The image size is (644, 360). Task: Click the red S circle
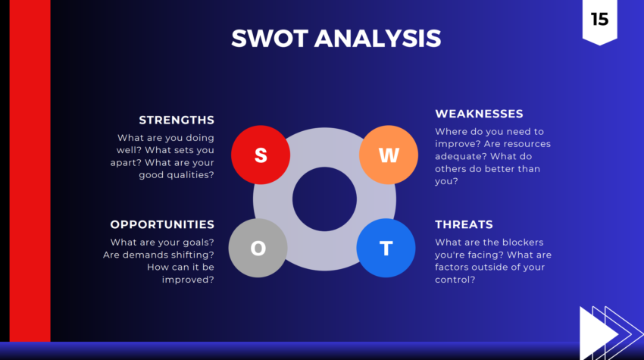(261, 155)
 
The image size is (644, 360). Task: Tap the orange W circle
(388, 155)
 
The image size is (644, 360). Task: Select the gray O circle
(258, 248)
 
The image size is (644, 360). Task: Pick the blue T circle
(386, 248)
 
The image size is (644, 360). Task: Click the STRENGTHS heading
(177, 120)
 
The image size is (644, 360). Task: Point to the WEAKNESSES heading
(479, 114)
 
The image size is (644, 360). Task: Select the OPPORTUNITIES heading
(162, 224)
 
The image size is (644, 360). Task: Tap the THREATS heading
(464, 224)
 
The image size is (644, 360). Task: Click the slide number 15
(599, 20)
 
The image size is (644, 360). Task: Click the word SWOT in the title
(269, 38)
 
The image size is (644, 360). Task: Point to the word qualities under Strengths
(189, 175)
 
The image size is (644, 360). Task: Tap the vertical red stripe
(30, 171)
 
